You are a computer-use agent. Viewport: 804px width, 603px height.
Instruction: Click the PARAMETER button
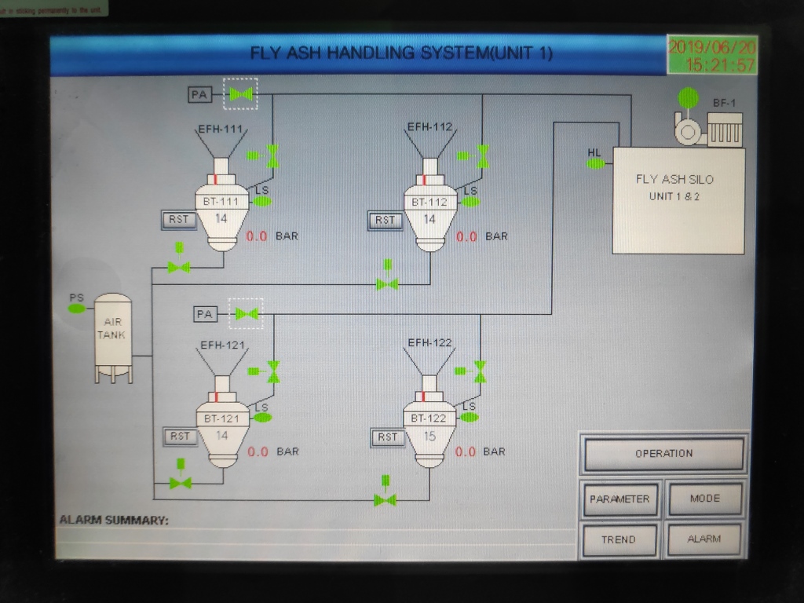[619, 499]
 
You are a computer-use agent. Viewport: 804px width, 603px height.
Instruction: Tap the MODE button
[704, 499]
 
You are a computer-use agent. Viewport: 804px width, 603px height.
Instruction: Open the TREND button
[619, 540]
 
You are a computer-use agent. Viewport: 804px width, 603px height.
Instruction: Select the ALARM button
[704, 539]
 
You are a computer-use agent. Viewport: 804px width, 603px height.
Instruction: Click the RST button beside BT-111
[179, 219]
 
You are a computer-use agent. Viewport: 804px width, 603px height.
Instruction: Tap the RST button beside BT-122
[388, 437]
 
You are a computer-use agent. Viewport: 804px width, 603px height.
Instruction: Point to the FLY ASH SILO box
[678, 200]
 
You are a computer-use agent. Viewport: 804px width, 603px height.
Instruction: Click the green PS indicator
[76, 309]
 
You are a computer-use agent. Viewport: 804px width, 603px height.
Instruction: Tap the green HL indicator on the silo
[595, 163]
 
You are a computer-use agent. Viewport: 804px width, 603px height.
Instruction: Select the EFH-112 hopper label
[429, 127]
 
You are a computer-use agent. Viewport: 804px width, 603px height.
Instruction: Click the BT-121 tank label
[221, 418]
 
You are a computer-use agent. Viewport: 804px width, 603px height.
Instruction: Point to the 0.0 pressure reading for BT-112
[466, 236]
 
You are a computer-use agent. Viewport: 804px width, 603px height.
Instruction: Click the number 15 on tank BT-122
[429, 437]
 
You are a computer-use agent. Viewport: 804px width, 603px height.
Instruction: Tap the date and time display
[712, 55]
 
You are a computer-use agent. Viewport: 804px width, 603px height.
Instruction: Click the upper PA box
[199, 95]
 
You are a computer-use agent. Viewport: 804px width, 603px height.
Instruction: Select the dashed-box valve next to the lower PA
[246, 314]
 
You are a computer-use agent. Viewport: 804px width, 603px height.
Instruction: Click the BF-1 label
[724, 103]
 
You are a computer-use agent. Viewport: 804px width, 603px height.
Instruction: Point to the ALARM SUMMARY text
[114, 520]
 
